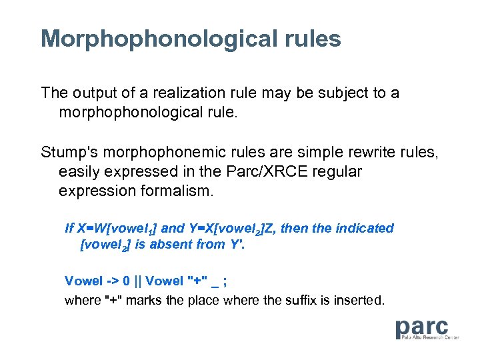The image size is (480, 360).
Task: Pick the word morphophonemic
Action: (x=163, y=153)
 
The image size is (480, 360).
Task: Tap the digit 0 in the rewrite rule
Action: (x=126, y=281)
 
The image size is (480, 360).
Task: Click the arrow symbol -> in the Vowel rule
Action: (x=110, y=281)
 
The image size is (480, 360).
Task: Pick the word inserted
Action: (x=359, y=300)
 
